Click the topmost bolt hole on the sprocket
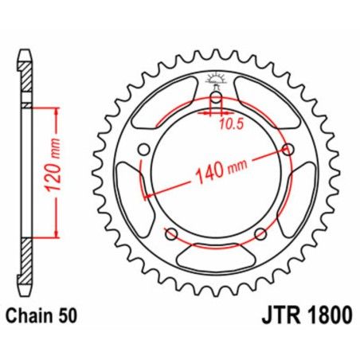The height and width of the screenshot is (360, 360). pyautogui.click(x=215, y=98)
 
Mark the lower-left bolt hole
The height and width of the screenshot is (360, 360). pyautogui.click(x=171, y=233)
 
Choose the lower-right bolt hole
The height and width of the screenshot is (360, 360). pyautogui.click(x=260, y=233)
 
